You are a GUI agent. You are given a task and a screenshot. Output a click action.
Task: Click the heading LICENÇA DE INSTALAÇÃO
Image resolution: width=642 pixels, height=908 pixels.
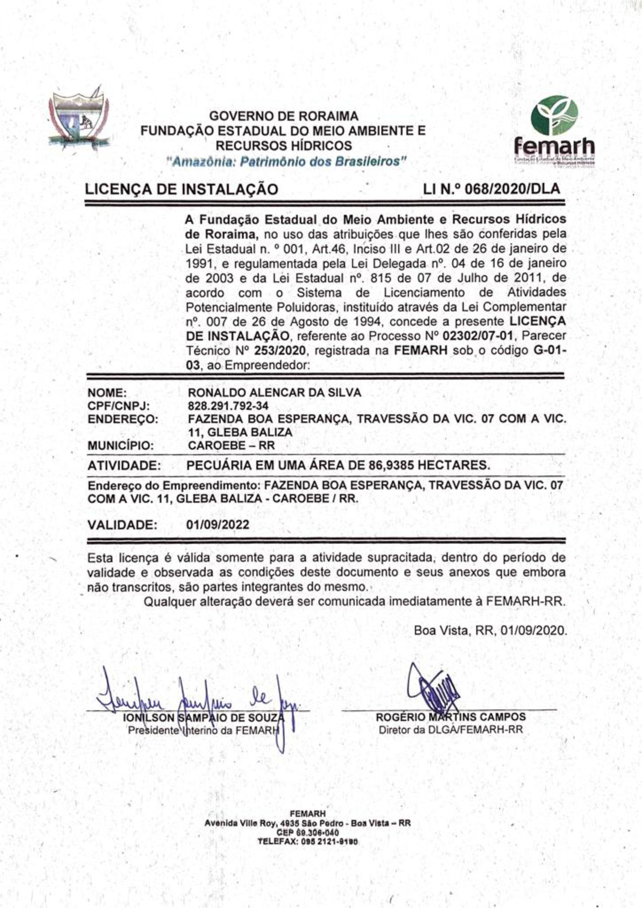point(182,189)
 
